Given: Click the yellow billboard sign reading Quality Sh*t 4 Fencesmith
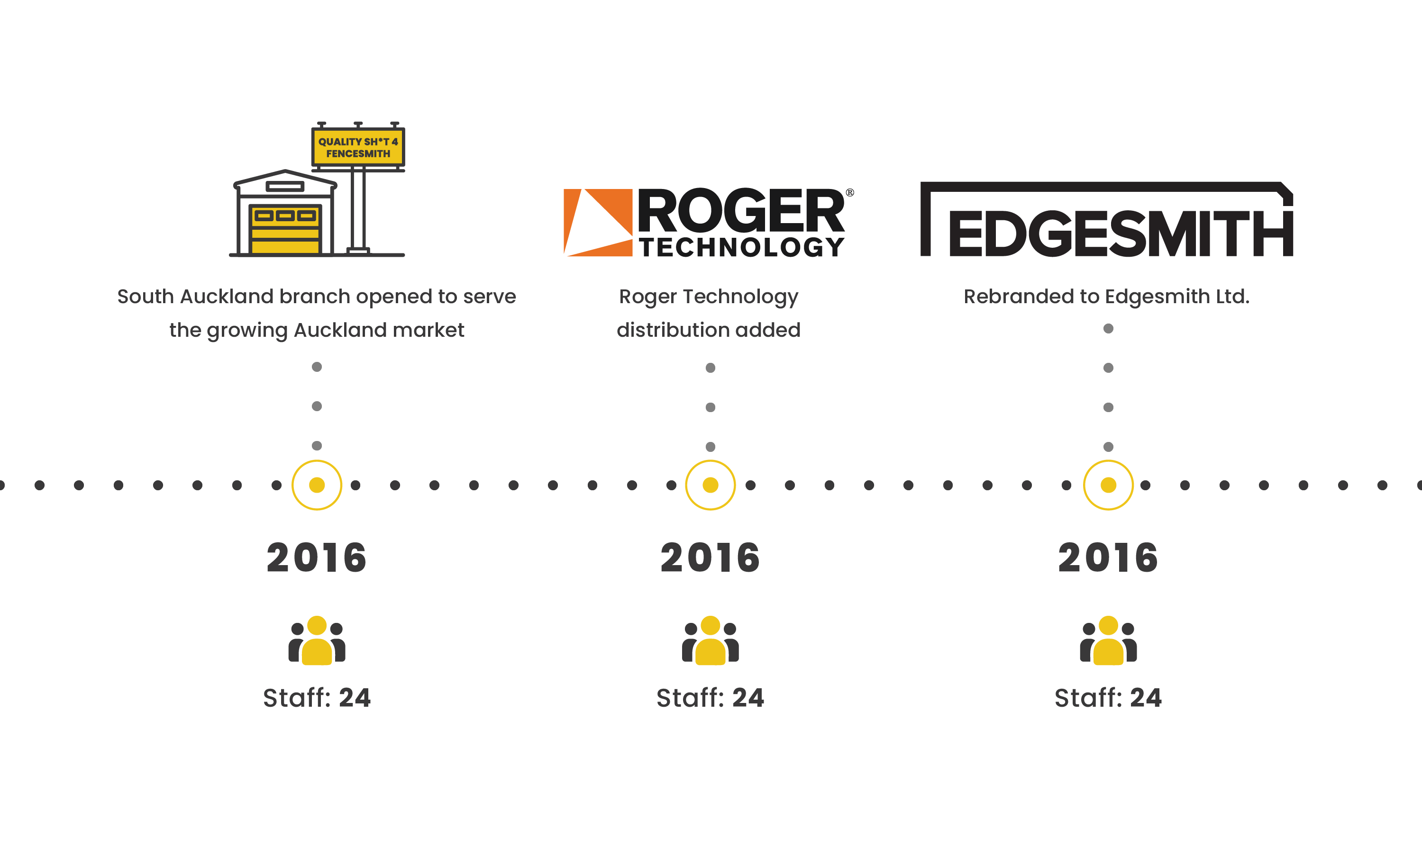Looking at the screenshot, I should point(358,147).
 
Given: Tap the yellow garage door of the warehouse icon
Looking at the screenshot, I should point(285,230).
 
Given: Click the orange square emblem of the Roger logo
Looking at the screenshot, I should point(598,222).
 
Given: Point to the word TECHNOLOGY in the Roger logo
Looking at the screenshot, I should point(741,247).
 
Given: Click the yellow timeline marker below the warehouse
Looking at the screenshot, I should point(317,485).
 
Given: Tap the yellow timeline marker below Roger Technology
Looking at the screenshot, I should point(710,485).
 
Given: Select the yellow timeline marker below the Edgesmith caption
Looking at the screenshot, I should point(1108,485).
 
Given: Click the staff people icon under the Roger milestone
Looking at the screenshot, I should point(710,641).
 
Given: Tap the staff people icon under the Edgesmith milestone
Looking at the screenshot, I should point(1108,641).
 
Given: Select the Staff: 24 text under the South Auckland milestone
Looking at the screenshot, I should point(317,698).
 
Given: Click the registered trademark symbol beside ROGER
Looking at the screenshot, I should point(849,193).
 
